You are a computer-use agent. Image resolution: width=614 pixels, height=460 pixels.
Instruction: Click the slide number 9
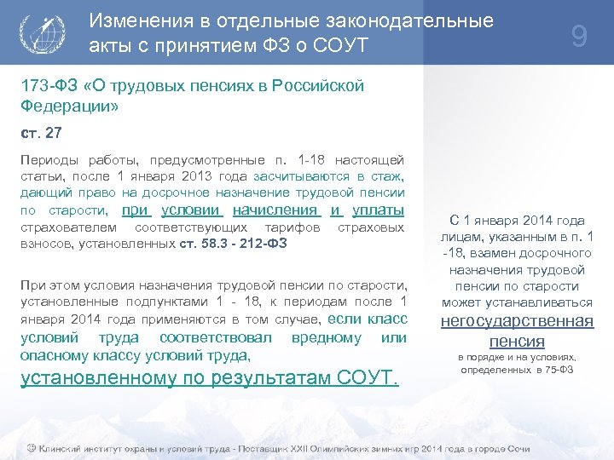coord(579,37)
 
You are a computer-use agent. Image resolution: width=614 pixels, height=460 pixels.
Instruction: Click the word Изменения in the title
coord(144,20)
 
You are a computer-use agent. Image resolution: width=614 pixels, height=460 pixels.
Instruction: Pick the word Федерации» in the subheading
coord(69,107)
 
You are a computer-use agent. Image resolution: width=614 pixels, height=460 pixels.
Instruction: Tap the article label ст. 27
coord(40,134)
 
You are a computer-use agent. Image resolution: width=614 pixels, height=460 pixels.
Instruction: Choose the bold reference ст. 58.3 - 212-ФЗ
coord(234,244)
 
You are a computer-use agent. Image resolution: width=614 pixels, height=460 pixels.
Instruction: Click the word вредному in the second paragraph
coord(325,336)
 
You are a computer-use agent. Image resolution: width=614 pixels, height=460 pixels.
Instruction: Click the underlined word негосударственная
coord(517,321)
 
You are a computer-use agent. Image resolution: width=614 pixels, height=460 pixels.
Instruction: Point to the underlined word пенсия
coord(517,341)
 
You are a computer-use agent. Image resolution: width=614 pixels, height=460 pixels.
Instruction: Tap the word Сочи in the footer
coord(513,448)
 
